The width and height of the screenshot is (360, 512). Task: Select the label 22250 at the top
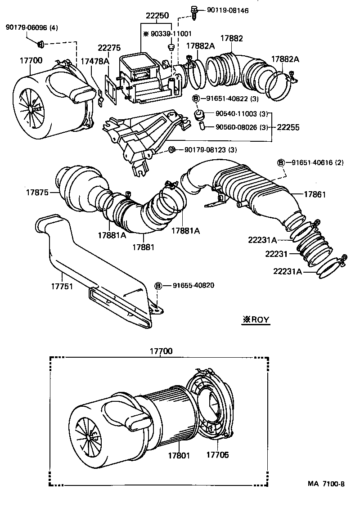click(157, 15)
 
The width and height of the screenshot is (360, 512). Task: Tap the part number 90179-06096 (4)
click(32, 28)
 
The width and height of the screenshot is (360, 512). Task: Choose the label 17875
click(36, 193)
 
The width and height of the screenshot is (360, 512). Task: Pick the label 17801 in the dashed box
click(179, 455)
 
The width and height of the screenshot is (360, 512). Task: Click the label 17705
click(217, 455)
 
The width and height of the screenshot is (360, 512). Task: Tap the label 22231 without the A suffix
click(276, 254)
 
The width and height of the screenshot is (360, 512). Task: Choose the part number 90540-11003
click(233, 113)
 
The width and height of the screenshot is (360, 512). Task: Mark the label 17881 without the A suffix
click(143, 247)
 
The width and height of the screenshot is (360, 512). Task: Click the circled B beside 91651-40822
click(196, 99)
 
